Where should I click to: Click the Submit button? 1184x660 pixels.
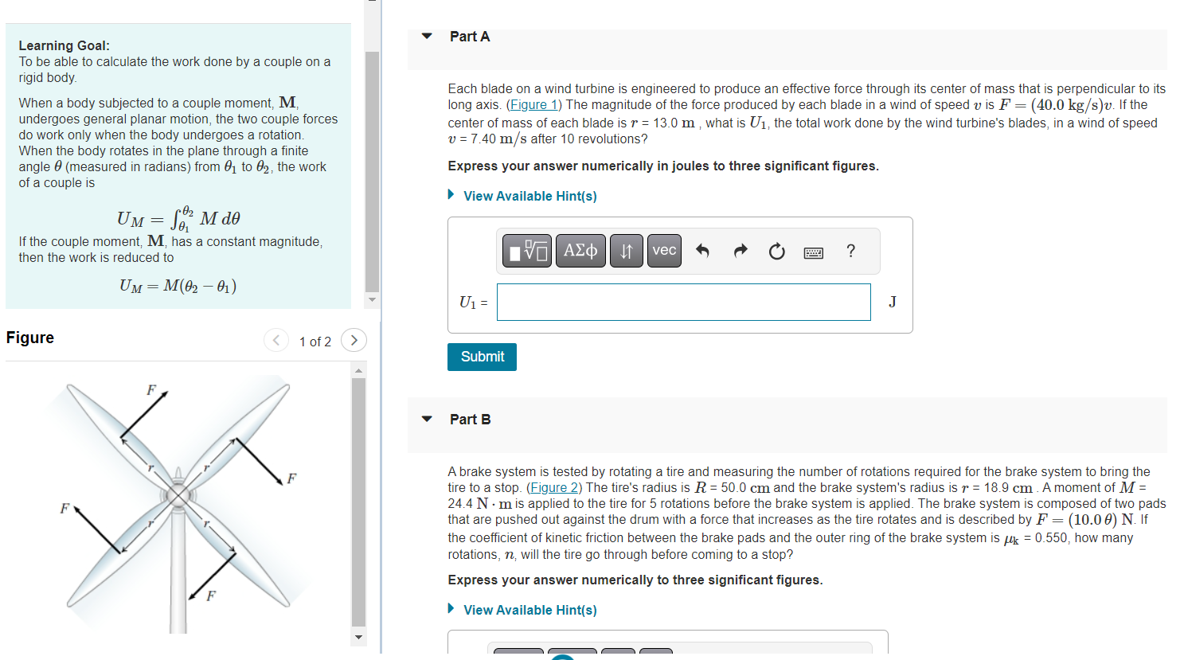[x=482, y=357]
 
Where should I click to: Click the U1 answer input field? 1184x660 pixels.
[x=683, y=303]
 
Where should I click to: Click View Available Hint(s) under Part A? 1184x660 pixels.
[x=529, y=196]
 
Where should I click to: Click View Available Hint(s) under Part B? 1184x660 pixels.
[x=529, y=610]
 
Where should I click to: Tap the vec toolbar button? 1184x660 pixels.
[x=664, y=251]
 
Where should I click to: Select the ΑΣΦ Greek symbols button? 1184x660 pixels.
[x=580, y=251]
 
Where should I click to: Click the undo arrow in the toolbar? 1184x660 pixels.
[x=702, y=252]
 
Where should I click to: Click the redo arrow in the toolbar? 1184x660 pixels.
[x=740, y=252]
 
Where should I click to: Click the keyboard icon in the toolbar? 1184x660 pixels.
[x=814, y=252]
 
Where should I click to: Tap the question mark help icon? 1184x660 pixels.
[x=850, y=252]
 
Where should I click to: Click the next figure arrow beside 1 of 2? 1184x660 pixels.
[x=354, y=341]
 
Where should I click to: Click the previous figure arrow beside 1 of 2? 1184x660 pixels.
[x=275, y=341]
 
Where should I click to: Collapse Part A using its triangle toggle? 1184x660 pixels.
[x=428, y=37]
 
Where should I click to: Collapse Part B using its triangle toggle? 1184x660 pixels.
[x=428, y=420]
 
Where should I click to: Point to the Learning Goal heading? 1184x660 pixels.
[x=64, y=46]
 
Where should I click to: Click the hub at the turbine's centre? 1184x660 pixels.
[x=178, y=495]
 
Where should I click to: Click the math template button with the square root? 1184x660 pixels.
[x=527, y=251]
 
